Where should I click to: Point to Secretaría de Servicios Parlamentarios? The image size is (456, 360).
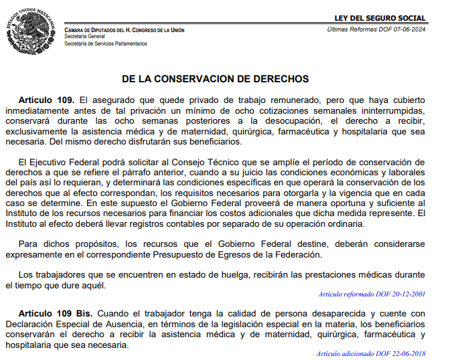[x=106, y=43]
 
